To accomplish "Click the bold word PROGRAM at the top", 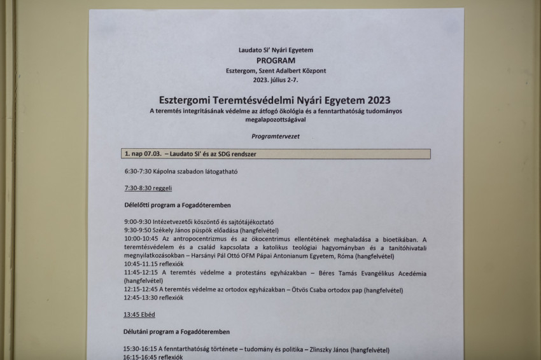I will pos(276,60).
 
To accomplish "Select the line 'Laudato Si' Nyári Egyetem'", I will pos(276,50).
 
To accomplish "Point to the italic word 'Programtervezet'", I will pos(276,135).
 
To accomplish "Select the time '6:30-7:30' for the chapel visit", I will pos(139,172).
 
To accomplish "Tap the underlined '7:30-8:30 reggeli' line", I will pos(148,188).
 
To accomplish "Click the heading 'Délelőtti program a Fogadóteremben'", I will pos(177,205).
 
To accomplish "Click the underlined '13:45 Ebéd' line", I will pos(139,314).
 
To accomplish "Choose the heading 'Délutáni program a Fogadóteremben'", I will pos(177,331).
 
